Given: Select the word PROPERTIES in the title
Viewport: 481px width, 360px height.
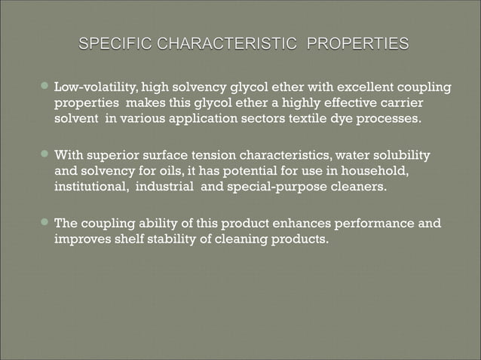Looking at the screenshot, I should coord(357,44).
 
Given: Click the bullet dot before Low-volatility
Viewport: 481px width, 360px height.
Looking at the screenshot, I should coord(45,89).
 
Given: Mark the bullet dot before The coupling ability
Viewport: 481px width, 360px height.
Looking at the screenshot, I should coord(45,224).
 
